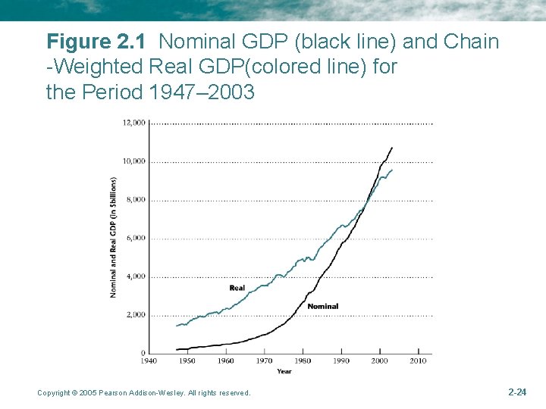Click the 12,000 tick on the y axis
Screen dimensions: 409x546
(x=135, y=123)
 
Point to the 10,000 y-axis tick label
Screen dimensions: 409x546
(x=135, y=161)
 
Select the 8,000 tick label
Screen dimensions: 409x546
(x=136, y=200)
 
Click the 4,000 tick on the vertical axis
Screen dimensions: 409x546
(x=136, y=277)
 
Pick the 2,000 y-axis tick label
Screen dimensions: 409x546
(x=136, y=315)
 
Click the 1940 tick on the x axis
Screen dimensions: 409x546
(x=149, y=361)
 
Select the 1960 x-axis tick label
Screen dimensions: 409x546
(x=226, y=361)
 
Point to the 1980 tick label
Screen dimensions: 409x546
(x=303, y=361)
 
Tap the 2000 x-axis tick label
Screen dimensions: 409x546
(x=380, y=361)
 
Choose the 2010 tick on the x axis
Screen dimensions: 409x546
(x=419, y=361)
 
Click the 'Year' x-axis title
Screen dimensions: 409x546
(x=284, y=371)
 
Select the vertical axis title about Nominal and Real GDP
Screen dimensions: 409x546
(x=113, y=237)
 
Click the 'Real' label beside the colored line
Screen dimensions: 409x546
(x=237, y=288)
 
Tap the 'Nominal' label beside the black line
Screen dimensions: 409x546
(x=322, y=306)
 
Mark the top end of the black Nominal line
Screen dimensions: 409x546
(x=392, y=148)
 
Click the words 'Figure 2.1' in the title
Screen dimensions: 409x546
(x=99, y=41)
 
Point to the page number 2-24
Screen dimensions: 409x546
(x=516, y=392)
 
